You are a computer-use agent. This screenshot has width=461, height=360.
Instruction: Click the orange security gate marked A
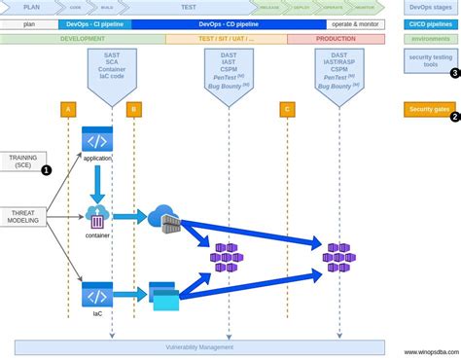tap(68, 110)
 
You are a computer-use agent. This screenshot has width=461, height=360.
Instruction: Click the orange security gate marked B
tap(133, 110)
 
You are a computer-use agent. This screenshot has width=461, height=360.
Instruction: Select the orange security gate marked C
tap(286, 110)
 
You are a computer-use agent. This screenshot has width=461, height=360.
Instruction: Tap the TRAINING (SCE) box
tap(22, 162)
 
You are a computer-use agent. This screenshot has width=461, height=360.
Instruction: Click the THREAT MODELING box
tap(22, 215)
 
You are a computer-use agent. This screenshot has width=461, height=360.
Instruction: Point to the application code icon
tap(97, 142)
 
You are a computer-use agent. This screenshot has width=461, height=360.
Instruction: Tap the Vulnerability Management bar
tap(200, 347)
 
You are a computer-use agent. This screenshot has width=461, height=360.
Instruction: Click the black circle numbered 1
tap(47, 169)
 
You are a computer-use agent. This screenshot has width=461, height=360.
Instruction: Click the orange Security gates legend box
tap(429, 110)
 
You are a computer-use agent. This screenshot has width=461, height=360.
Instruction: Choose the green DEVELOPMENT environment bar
tap(83, 40)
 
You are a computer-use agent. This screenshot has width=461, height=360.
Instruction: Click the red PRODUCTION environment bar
tap(341, 40)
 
